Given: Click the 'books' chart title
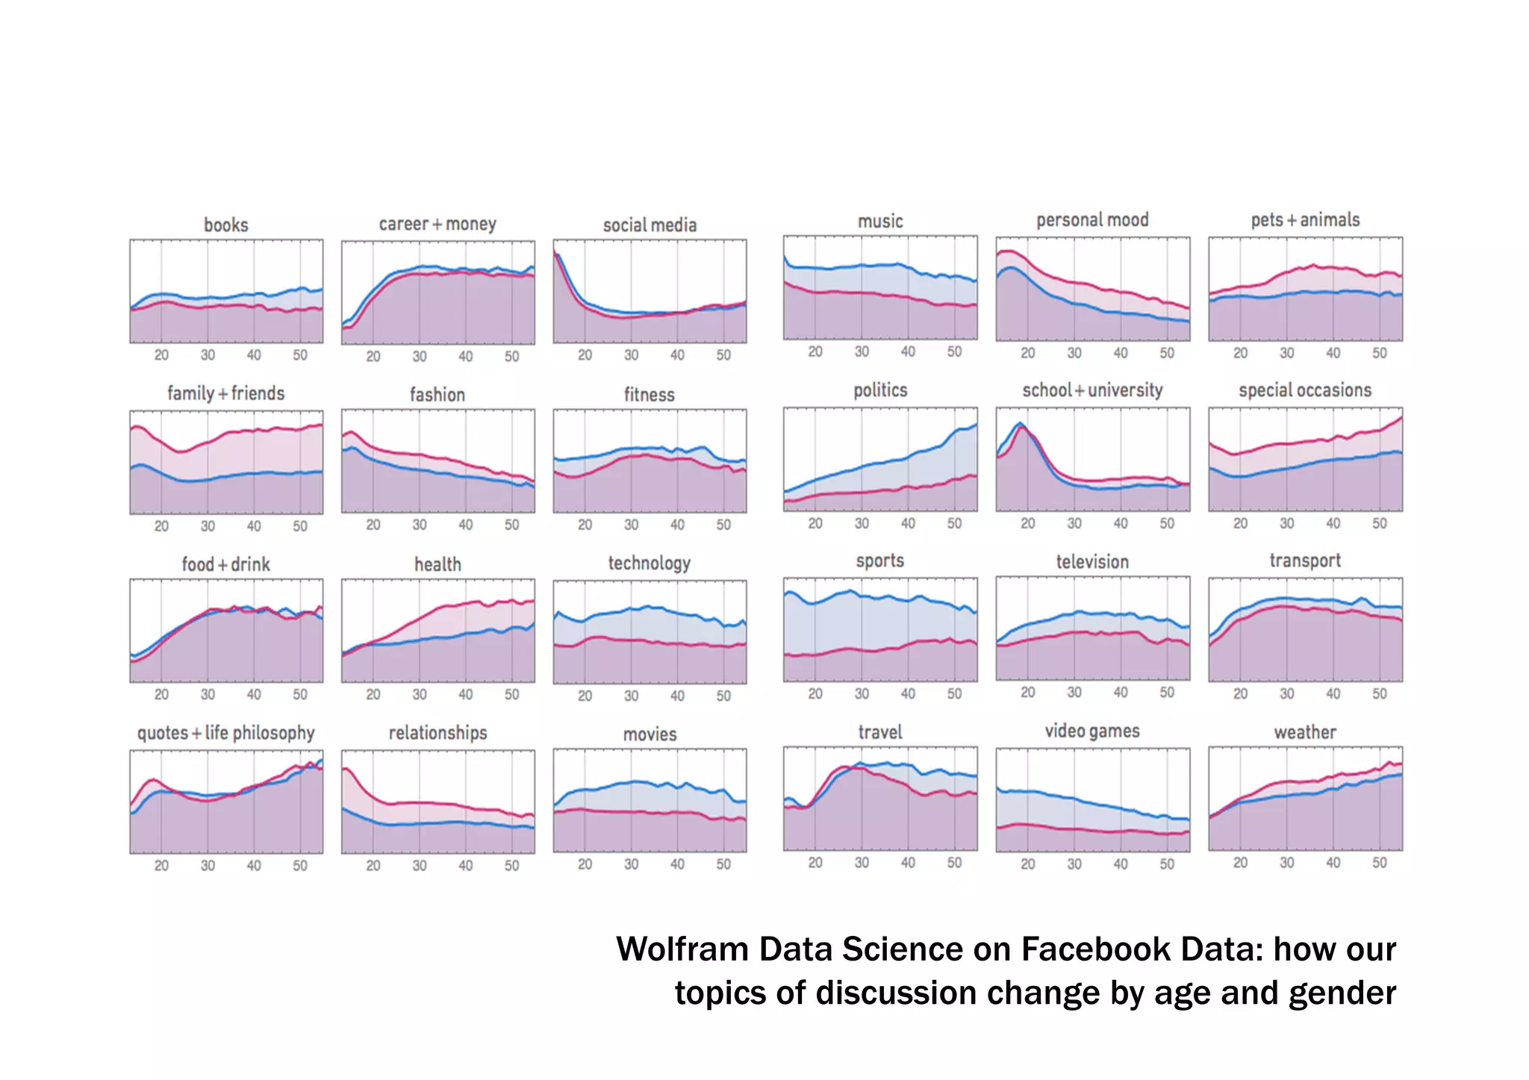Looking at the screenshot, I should click(225, 225).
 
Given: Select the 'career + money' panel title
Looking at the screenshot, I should click(437, 224).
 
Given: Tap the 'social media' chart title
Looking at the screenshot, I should click(650, 225).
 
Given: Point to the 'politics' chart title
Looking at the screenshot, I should click(880, 390).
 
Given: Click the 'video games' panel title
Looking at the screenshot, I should click(1092, 731).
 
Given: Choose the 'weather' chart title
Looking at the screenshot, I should click(1305, 732).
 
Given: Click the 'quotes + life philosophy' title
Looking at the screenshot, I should click(225, 733).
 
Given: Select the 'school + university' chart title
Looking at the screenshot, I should click(1092, 390).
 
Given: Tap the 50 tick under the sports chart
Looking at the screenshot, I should click(954, 693).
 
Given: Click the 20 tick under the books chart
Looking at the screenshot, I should click(161, 355).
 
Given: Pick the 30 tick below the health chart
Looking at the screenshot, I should click(420, 695).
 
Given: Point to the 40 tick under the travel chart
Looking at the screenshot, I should click(908, 863).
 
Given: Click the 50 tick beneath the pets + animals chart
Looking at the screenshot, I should click(1379, 353).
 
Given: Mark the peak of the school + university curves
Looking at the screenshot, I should click(1021, 425).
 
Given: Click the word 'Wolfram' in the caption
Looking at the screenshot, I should click(682, 949).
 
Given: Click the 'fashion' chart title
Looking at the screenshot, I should click(437, 395).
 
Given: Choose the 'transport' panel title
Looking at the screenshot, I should click(1305, 561).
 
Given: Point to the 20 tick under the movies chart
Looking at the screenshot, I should click(585, 864).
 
